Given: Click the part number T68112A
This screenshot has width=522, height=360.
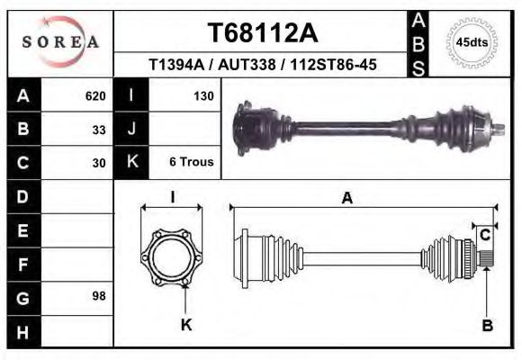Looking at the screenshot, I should coord(263,33).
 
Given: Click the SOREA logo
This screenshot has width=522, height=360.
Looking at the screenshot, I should coord(60,42).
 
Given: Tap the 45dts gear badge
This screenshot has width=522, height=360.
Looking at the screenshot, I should coord(472,42).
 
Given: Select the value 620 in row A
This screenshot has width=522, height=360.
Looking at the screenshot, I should coord(95,95).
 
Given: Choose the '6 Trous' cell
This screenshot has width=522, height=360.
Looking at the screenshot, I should coord(191,163).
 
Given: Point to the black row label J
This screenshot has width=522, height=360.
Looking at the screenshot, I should coord(131,130).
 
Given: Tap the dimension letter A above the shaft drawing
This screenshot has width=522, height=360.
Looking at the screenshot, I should coord(346,199).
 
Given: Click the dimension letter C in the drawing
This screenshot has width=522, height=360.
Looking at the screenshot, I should coord(484,235).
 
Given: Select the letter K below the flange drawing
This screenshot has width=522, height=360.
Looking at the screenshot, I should coord(186,325).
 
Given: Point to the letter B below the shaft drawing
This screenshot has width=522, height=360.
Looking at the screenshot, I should coord(487,325).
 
